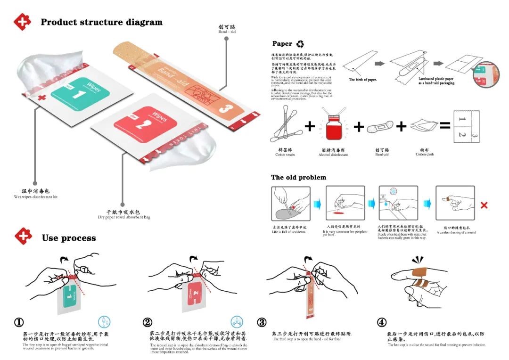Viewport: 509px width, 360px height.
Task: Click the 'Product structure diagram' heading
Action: [x=101, y=22]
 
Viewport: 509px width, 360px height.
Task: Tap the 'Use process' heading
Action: [x=68, y=237]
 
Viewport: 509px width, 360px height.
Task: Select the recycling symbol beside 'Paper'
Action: [x=300, y=44]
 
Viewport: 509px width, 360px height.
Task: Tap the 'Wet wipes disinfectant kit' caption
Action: [x=35, y=194]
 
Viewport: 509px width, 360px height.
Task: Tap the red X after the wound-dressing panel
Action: [x=484, y=205]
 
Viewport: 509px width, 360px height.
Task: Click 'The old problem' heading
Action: [x=298, y=178]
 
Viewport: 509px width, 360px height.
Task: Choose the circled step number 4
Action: [x=382, y=322]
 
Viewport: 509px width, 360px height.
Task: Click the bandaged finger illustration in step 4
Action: [x=422, y=280]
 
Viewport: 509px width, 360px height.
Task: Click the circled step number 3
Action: [x=262, y=322]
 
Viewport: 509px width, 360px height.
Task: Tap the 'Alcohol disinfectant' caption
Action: [x=333, y=154]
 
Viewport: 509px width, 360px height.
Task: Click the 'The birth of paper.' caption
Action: [x=362, y=80]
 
